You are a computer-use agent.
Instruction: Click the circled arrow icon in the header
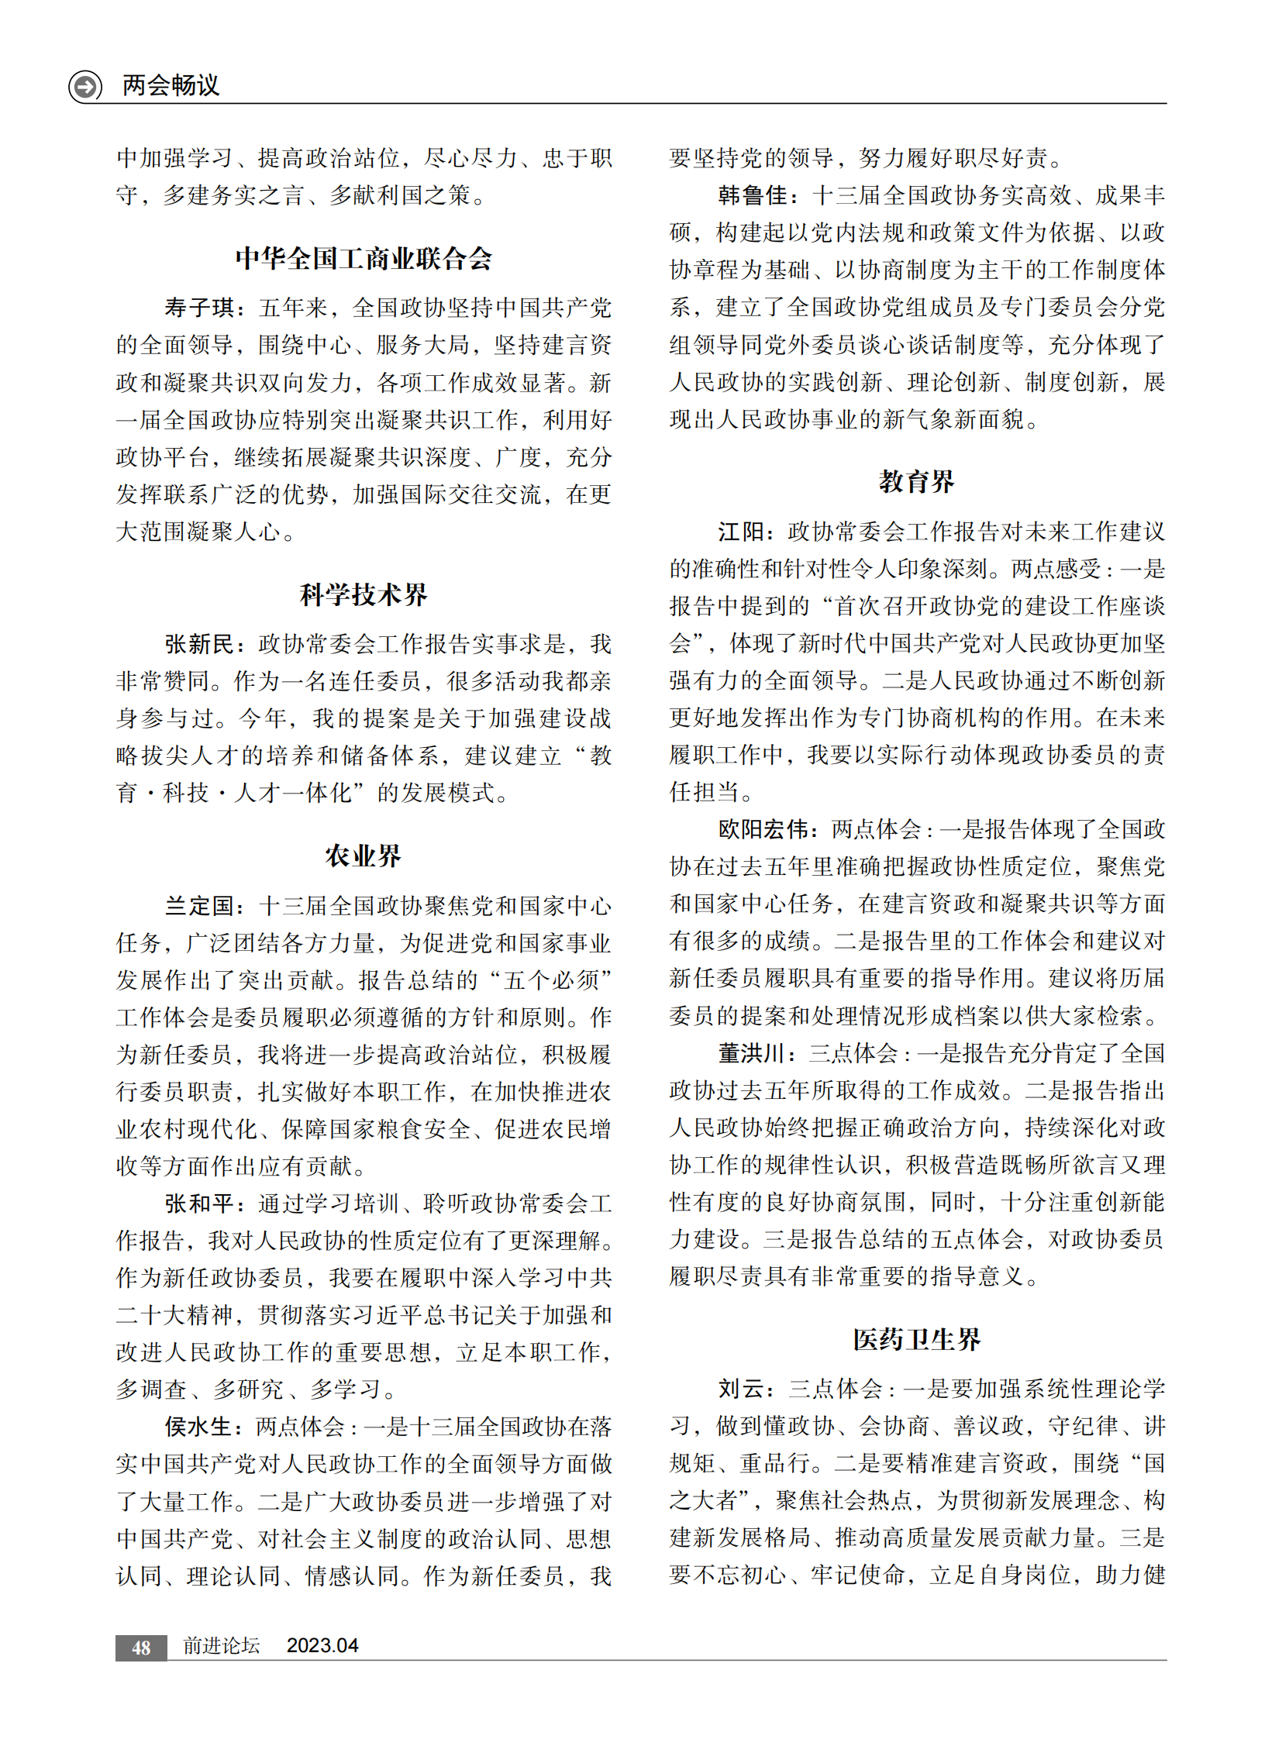85,85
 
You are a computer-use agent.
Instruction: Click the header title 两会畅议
171,84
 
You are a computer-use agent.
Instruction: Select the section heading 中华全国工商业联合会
364,258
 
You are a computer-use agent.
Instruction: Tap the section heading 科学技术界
364,594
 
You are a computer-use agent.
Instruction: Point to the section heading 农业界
364,856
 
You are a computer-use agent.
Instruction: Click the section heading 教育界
916,482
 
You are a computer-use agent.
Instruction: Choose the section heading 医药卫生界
916,1339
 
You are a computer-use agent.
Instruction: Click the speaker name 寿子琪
199,308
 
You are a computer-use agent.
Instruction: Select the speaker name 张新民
199,644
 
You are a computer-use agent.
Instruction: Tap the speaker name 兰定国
199,906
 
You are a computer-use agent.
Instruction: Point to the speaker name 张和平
199,1204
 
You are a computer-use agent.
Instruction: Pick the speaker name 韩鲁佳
753,195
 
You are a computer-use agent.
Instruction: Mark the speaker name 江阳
741,532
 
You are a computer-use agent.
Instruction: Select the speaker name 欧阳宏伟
763,829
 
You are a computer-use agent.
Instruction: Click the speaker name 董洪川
753,1053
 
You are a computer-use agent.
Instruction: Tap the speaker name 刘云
741,1389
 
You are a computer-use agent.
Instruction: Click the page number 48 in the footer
141,1648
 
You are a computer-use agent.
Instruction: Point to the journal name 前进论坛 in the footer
221,1646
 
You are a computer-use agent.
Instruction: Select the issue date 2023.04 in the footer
322,1646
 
